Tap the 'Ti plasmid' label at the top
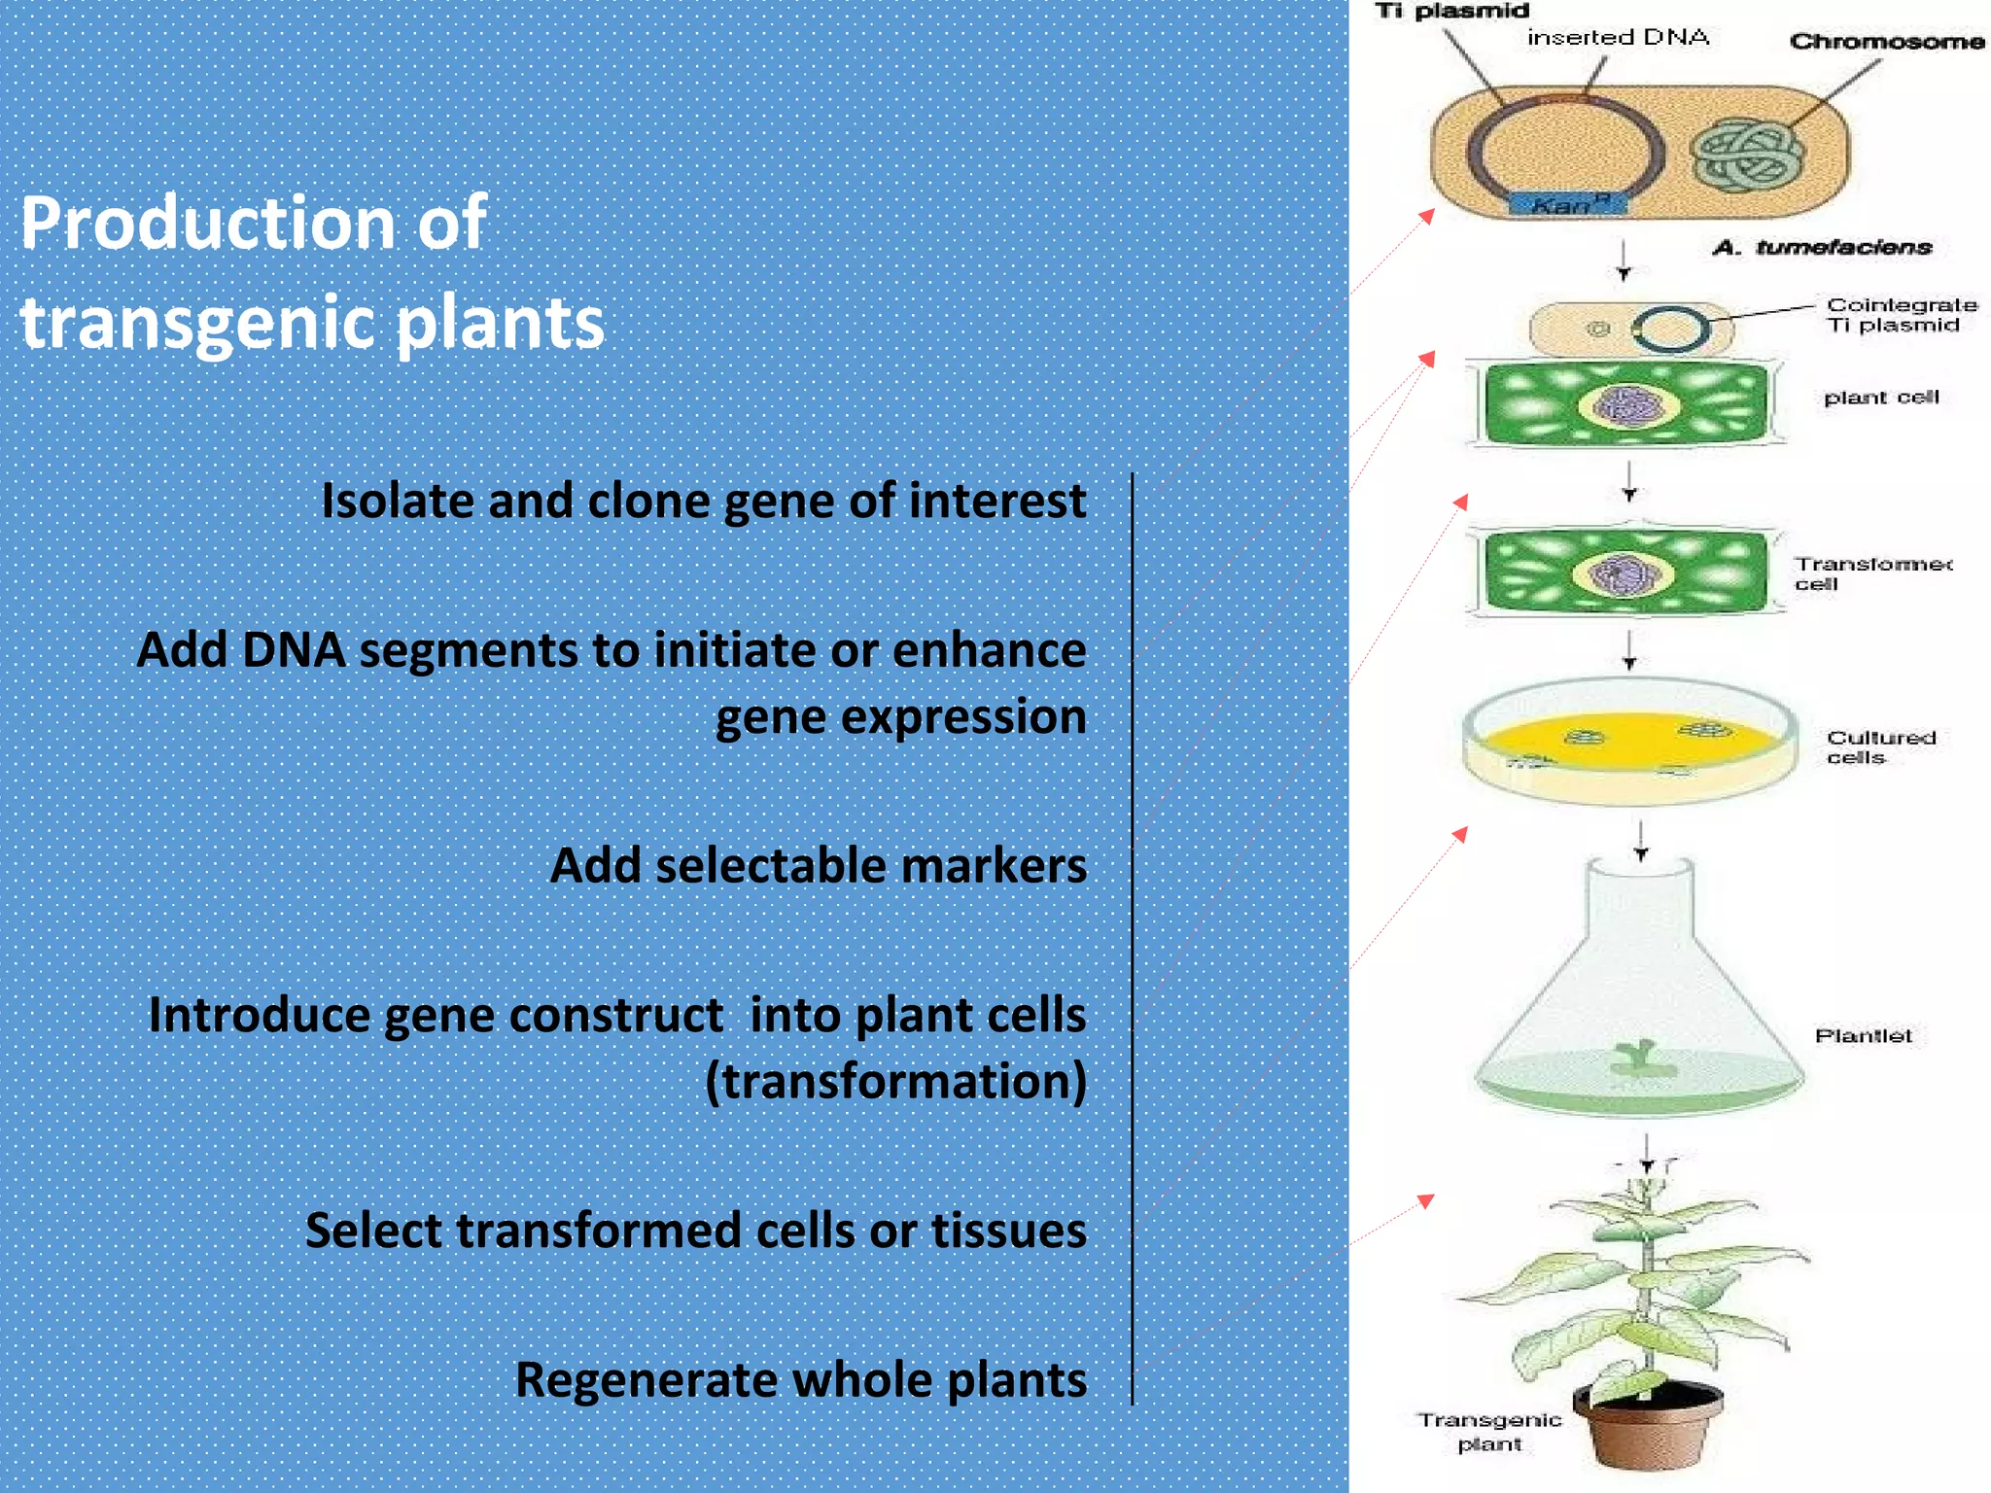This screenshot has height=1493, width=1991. coord(1450,12)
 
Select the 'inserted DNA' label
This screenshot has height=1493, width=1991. coord(1618,38)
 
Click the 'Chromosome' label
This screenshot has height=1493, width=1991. coord(1886,42)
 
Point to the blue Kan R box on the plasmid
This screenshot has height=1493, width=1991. coord(1566,205)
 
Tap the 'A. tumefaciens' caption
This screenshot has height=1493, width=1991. coord(1822,247)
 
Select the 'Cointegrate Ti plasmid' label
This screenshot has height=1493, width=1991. coord(1901,315)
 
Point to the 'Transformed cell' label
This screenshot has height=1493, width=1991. coord(1870,573)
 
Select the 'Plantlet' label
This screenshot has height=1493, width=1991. coord(1863,1036)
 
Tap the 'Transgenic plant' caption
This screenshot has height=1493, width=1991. coord(1489,1432)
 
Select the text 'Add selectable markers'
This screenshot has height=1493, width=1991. coord(818,865)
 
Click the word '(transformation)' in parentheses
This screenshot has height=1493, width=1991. coord(895,1081)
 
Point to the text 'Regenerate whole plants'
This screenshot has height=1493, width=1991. coord(800,1379)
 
